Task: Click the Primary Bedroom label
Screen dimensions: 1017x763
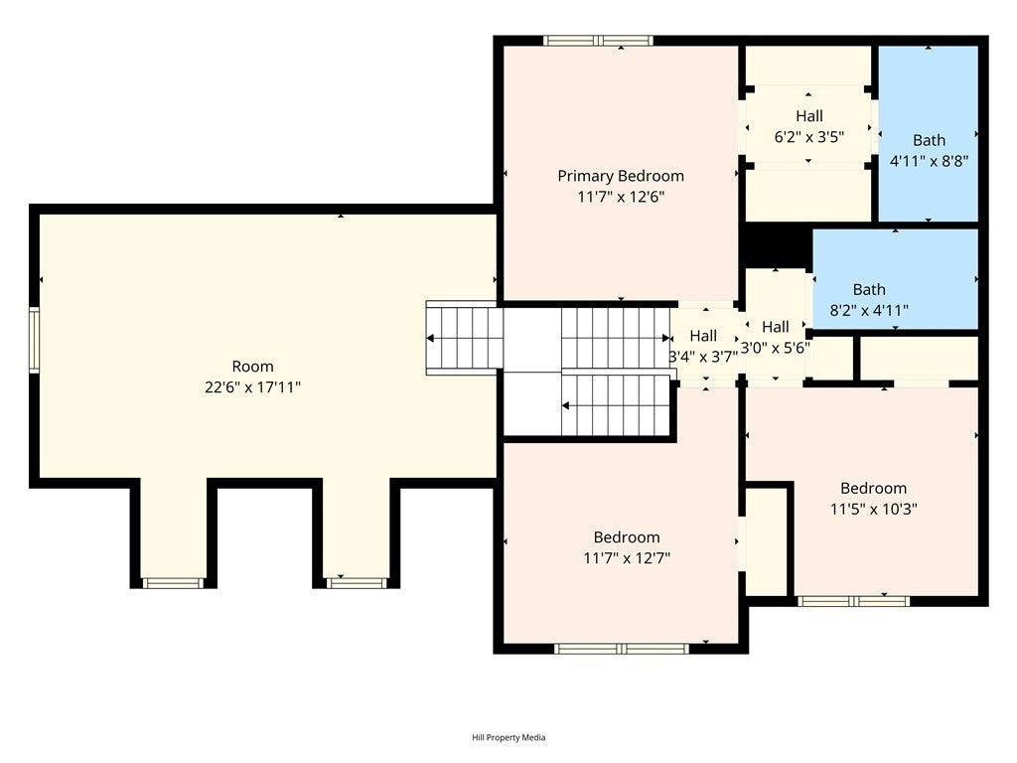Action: click(621, 176)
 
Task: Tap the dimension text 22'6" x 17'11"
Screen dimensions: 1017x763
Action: click(253, 387)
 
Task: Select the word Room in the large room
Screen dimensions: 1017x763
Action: click(253, 366)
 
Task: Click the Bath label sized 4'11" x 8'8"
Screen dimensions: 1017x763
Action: click(929, 140)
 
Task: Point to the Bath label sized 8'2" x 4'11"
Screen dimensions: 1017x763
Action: click(869, 289)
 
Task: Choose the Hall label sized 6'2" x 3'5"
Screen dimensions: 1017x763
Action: click(809, 116)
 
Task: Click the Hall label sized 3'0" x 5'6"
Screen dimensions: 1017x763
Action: click(776, 326)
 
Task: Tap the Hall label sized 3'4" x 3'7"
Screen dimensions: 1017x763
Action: click(704, 336)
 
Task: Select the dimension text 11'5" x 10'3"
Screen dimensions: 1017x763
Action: click(874, 510)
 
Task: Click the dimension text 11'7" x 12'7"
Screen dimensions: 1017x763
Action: click(627, 558)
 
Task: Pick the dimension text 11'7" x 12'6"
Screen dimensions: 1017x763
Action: click(622, 197)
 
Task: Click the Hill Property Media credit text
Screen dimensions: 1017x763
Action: click(508, 737)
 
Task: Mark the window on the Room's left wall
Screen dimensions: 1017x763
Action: click(35, 340)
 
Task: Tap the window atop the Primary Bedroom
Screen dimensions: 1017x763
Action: click(598, 41)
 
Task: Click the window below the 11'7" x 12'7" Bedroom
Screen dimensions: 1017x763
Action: click(622, 648)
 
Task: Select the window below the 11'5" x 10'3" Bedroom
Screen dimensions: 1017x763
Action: click(853, 601)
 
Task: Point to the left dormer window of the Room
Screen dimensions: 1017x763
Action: click(173, 583)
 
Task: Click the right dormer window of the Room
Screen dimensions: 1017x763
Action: click(357, 583)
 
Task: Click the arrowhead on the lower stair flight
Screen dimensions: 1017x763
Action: click(565, 406)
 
